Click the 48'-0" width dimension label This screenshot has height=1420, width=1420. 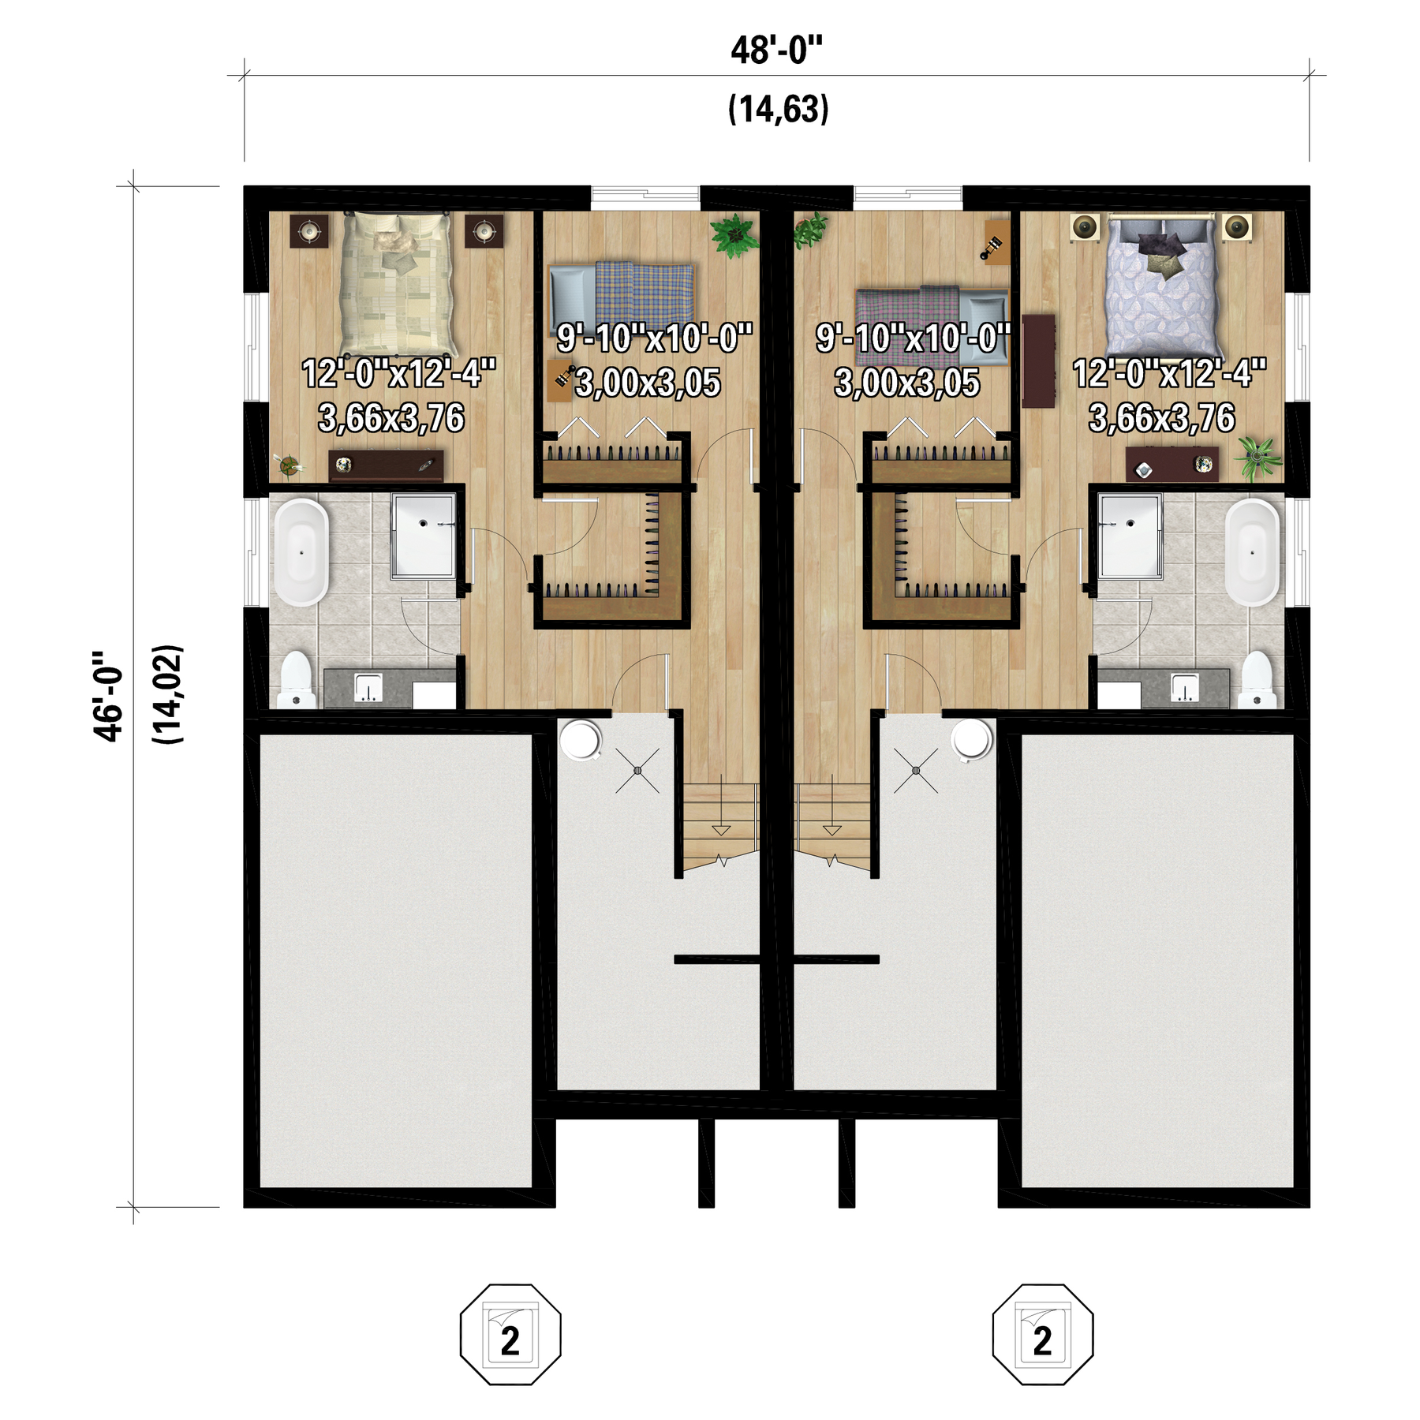pyautogui.click(x=776, y=51)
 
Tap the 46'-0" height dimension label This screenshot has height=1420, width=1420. pyautogui.click(x=109, y=697)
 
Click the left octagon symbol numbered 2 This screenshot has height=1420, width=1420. pyautogui.click(x=510, y=1334)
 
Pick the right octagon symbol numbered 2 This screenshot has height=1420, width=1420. pyautogui.click(x=1042, y=1334)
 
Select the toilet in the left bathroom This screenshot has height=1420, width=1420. pyautogui.click(x=297, y=680)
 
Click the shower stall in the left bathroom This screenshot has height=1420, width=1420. pyautogui.click(x=424, y=536)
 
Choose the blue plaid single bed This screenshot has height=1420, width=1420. pyautogui.click(x=622, y=293)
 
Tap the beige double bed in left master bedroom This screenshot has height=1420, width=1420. pyautogui.click(x=398, y=285)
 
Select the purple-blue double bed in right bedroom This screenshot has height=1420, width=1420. pyautogui.click(x=1164, y=286)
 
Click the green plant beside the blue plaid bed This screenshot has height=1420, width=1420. pyautogui.click(x=734, y=234)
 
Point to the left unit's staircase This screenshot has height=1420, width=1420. pyautogui.click(x=720, y=825)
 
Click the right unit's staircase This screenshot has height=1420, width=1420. pyautogui.click(x=832, y=825)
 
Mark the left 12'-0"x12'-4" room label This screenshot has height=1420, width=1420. pyautogui.click(x=398, y=373)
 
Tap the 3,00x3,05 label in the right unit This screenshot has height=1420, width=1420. pyautogui.click(x=906, y=383)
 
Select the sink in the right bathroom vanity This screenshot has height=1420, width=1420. pyautogui.click(x=1184, y=687)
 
